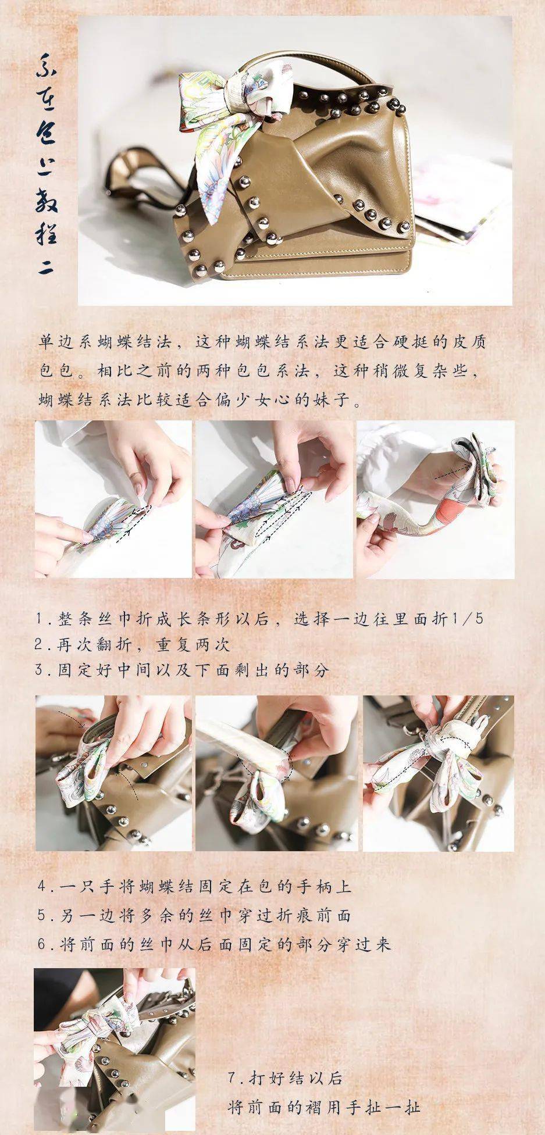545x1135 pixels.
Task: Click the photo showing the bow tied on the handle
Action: tap(439, 773)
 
